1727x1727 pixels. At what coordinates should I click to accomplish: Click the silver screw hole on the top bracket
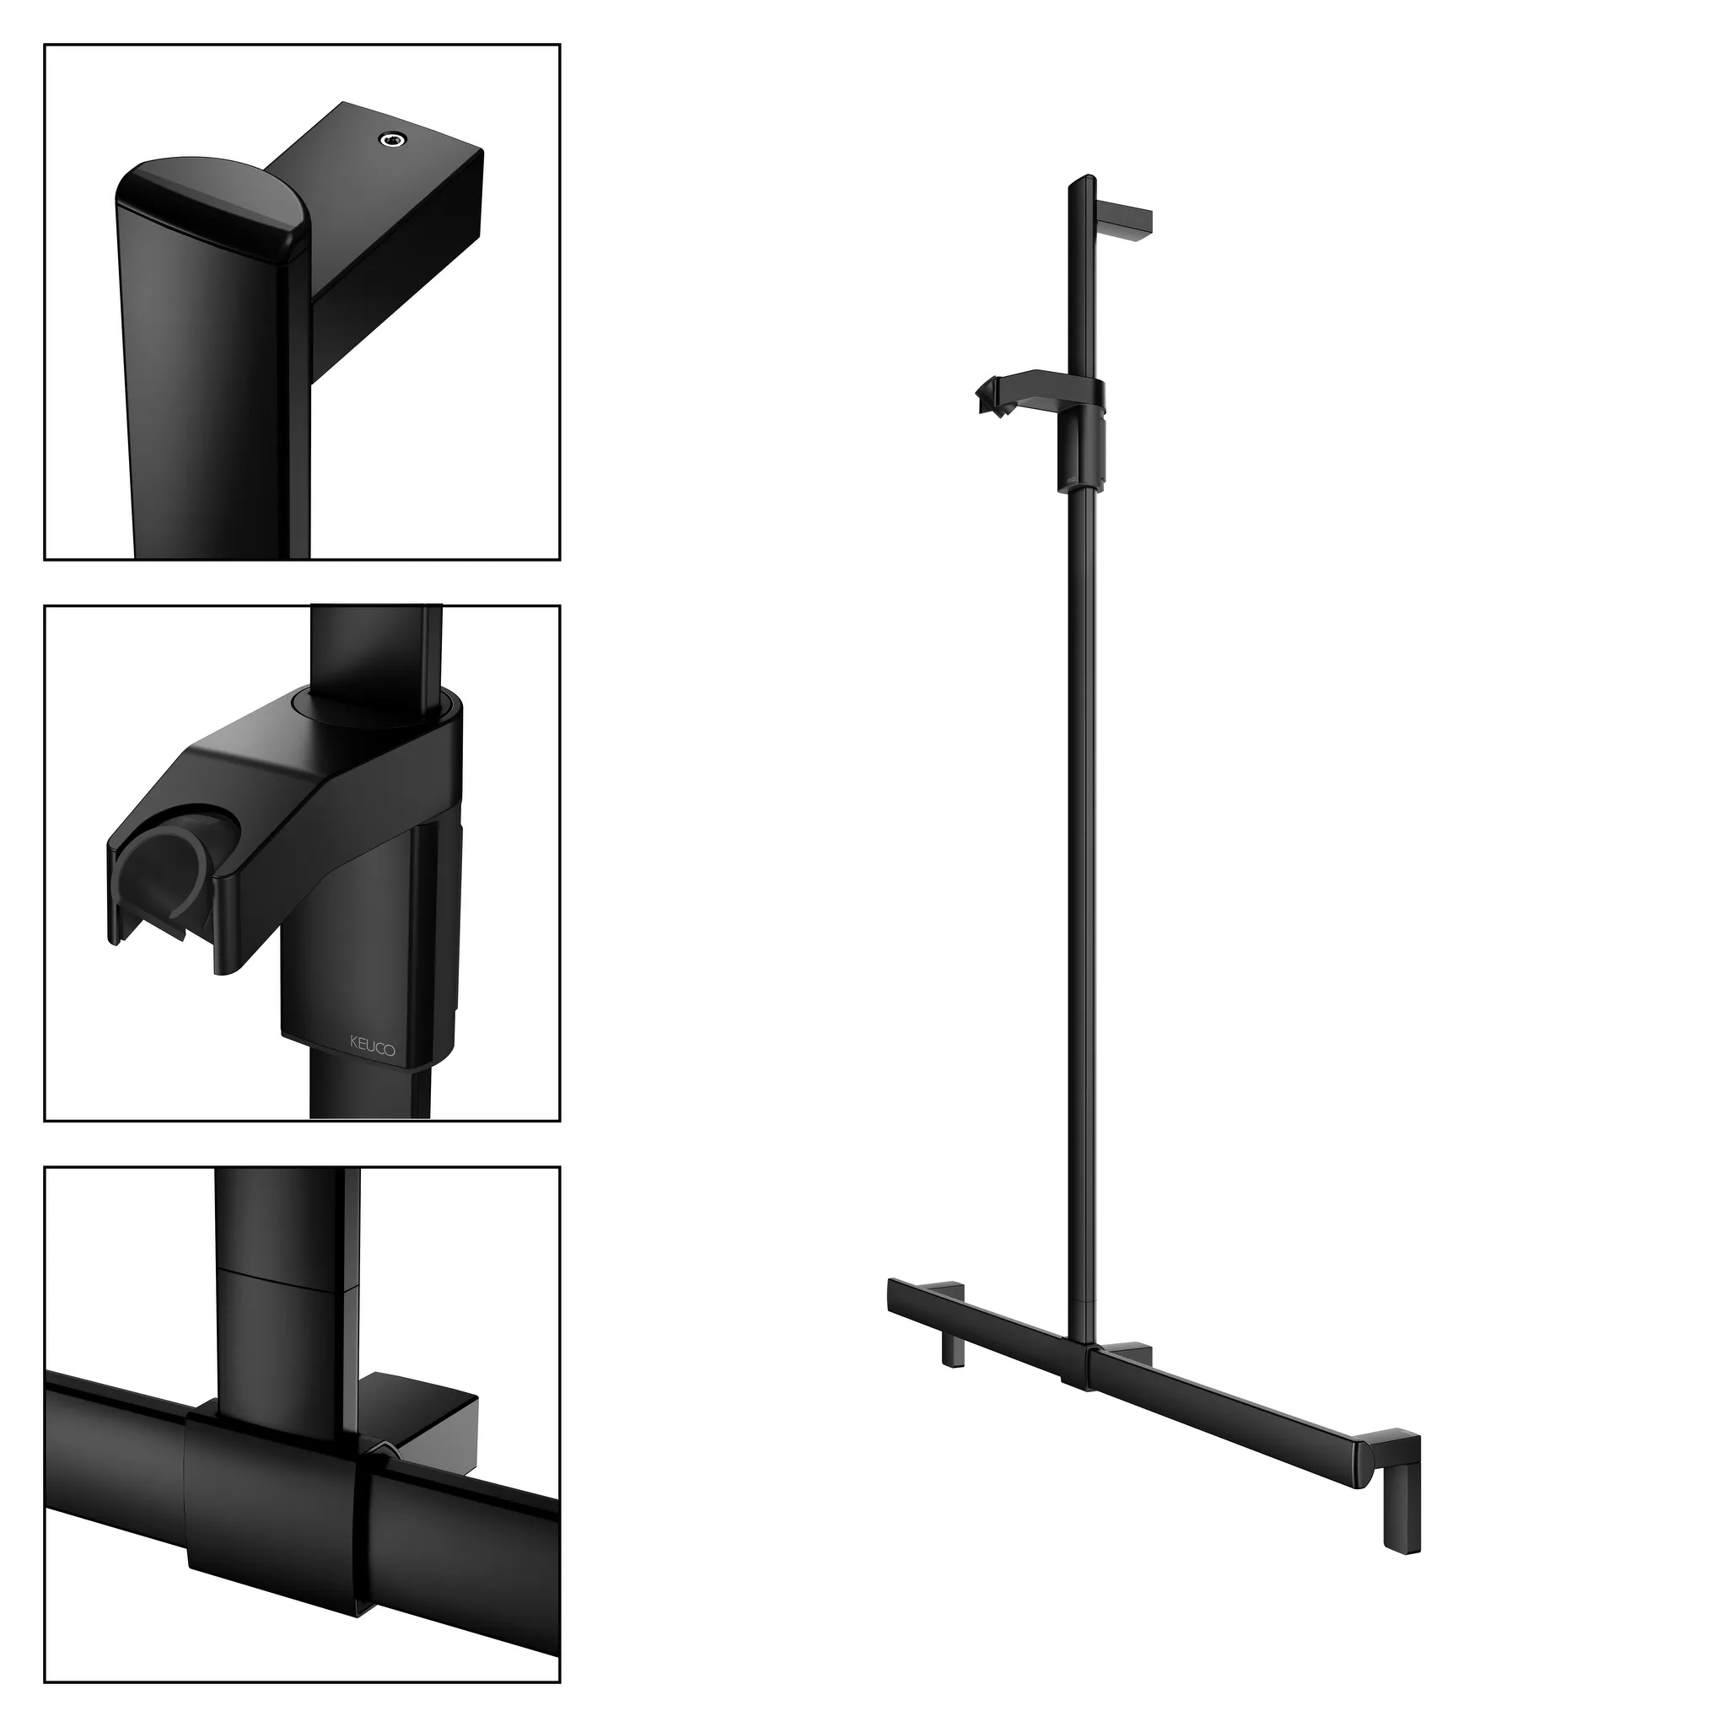pos(390,138)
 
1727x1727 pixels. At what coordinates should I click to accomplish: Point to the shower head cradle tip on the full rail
pos(991,395)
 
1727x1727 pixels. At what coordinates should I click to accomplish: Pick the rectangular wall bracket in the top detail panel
pos(393,233)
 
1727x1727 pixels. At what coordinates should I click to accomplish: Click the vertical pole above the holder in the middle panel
pos(375,653)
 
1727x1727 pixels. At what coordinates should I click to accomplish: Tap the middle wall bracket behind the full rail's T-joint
pos(1131,1352)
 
